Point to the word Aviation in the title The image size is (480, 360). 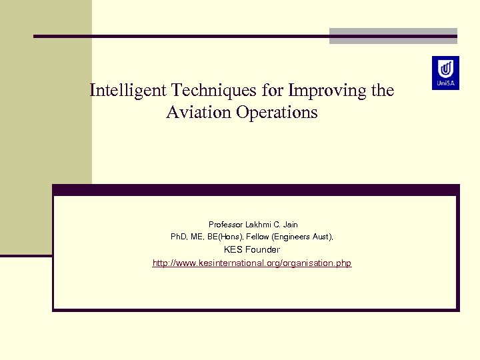pos(197,113)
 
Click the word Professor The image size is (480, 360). pos(227,225)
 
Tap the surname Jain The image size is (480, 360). pos(290,225)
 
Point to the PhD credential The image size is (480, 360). pos(180,237)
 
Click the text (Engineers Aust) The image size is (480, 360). pos(309,237)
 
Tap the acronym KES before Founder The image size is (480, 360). pos(233,250)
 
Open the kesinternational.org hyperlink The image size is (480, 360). pos(252,263)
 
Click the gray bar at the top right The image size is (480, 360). pos(393,36)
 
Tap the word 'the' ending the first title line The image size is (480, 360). pos(382,90)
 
